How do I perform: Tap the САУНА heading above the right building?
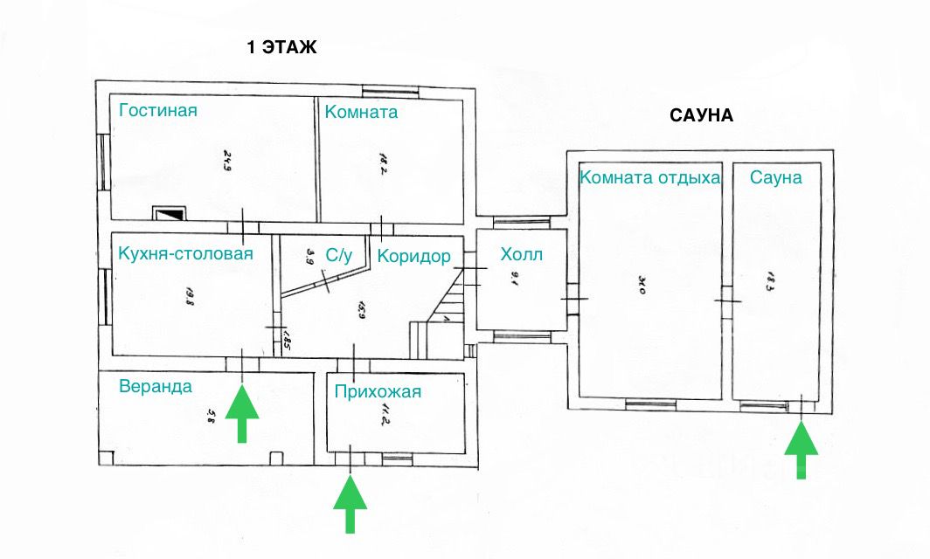(701, 115)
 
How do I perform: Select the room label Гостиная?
(158, 110)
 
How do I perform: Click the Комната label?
(361, 112)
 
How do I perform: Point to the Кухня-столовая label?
(185, 254)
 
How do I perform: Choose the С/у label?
(339, 256)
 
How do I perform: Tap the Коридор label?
(413, 256)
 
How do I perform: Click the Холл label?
(521, 255)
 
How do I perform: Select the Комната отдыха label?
(650, 178)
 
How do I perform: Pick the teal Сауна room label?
(775, 177)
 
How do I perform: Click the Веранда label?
(156, 386)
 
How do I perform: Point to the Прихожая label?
(378, 391)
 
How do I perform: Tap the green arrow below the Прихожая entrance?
(350, 504)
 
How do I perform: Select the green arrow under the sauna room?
(801, 450)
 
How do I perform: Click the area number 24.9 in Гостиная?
(226, 161)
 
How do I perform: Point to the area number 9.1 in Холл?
(514, 281)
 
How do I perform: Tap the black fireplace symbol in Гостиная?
(169, 213)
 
